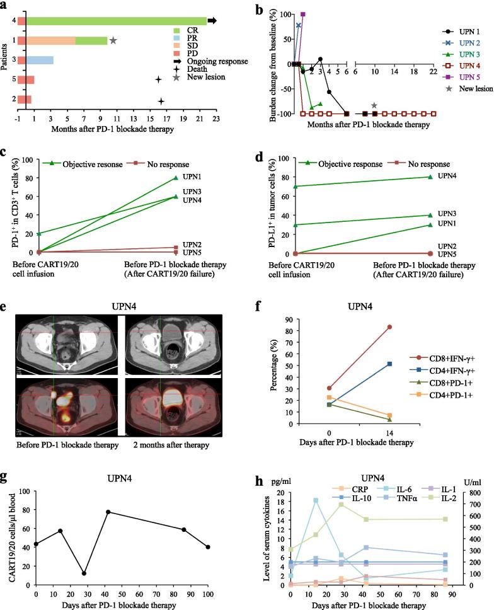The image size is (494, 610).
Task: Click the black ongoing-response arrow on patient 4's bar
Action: (212, 21)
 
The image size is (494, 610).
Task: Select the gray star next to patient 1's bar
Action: (113, 40)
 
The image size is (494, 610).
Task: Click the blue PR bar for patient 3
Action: (39, 60)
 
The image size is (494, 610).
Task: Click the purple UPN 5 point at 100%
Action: (303, 14)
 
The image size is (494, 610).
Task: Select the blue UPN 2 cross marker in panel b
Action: (298, 25)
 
